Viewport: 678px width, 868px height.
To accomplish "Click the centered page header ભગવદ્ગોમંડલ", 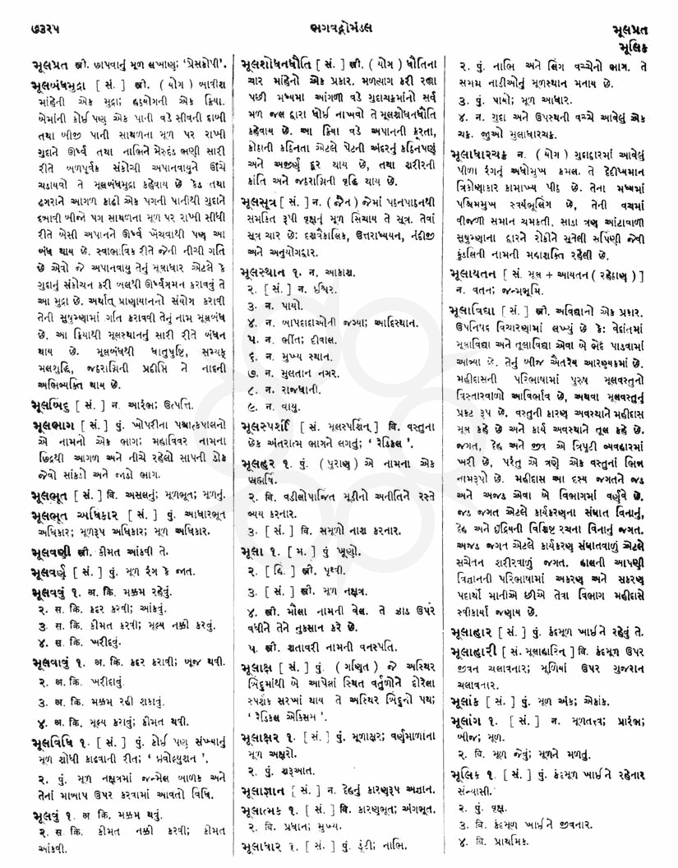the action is [x=339, y=12].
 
